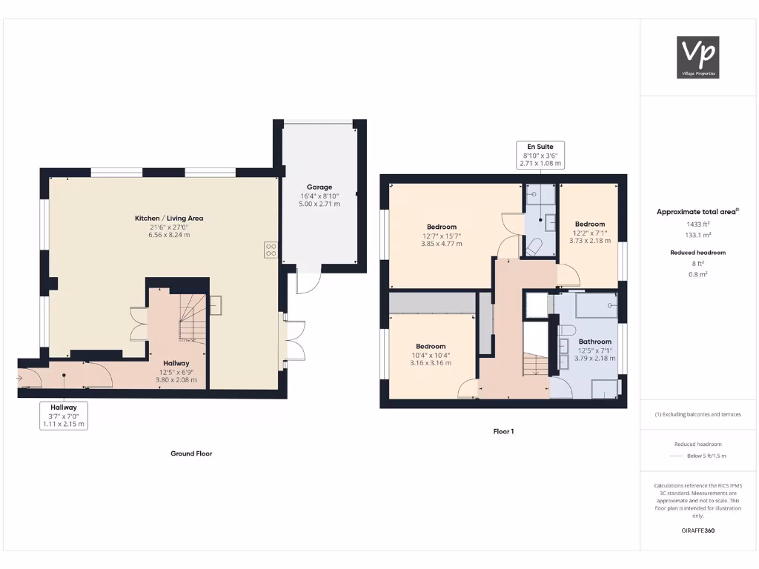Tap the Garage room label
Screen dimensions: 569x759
319,187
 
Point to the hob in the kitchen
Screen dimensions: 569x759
270,250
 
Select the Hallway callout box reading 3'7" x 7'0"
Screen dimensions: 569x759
64,416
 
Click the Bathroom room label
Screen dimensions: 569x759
594,342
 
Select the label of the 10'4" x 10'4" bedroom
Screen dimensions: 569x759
431,346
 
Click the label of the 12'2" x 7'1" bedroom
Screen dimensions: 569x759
590,224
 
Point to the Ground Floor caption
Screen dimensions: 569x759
191,453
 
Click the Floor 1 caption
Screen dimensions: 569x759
503,431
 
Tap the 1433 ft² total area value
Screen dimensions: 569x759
698,223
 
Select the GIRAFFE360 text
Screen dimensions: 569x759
698,530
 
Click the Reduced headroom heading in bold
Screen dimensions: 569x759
698,253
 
